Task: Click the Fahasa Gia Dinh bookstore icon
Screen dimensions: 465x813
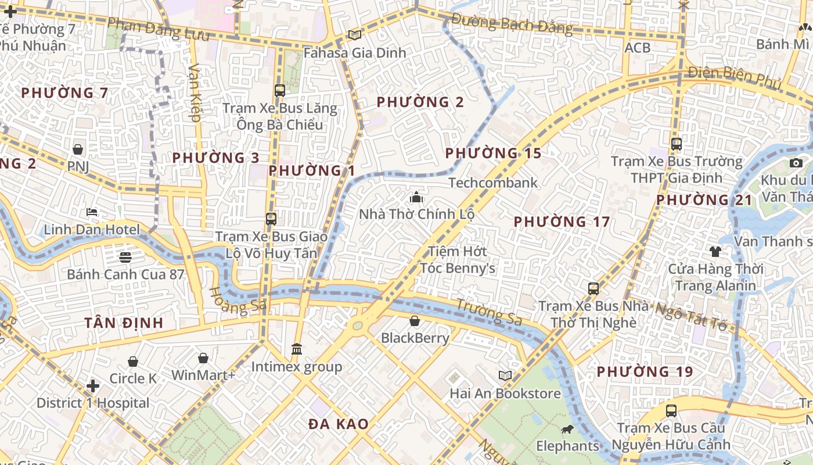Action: pos(354,35)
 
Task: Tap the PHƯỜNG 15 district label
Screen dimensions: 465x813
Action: pos(493,153)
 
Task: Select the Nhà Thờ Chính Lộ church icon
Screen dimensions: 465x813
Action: pos(416,197)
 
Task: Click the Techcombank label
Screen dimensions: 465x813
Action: pos(493,183)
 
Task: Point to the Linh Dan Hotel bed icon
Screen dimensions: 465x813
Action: pos(92,212)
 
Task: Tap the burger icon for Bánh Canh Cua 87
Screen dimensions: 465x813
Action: pos(125,256)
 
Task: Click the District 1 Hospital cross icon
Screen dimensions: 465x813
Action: pos(92,385)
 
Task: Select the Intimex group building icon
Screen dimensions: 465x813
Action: pos(297,349)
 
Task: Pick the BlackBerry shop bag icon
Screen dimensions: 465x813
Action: pos(415,320)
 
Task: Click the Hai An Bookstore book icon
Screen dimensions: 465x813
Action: pos(505,375)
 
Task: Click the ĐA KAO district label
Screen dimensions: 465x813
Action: pos(339,424)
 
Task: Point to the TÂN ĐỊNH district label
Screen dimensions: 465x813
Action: pos(124,323)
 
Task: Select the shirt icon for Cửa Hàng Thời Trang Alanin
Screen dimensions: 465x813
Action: pos(715,251)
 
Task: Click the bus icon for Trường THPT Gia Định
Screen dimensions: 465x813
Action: pos(677,144)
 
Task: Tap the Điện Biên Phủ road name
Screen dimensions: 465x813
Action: pos(734,77)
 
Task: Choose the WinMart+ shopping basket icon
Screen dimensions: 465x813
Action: pos(203,358)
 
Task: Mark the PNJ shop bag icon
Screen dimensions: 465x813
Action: pos(78,149)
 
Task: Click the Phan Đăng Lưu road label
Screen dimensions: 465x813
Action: pos(158,28)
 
